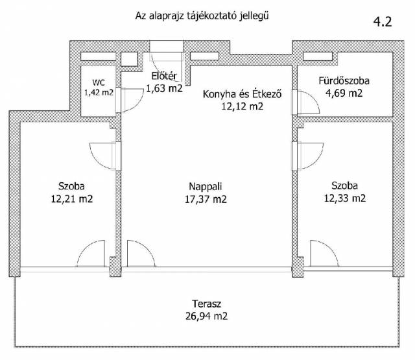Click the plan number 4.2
click(383, 21)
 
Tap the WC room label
click(99, 82)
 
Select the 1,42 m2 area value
click(99, 92)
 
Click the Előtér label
click(164, 77)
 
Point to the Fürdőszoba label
click(344, 80)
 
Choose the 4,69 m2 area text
click(344, 93)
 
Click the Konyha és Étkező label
click(242, 94)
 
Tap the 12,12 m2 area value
click(242, 106)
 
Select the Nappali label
click(206, 187)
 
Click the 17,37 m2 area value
click(206, 199)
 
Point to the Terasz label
click(206, 304)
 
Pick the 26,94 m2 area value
click(206, 316)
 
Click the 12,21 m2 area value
click(72, 198)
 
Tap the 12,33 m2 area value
click(345, 198)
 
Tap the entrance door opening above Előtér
click(167, 47)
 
